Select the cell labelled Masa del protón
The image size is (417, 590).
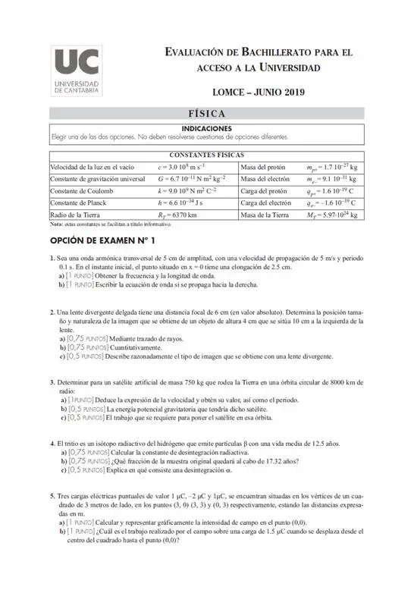[262, 167]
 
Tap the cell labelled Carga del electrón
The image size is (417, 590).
[265, 202]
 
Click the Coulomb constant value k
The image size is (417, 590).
[187, 190]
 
